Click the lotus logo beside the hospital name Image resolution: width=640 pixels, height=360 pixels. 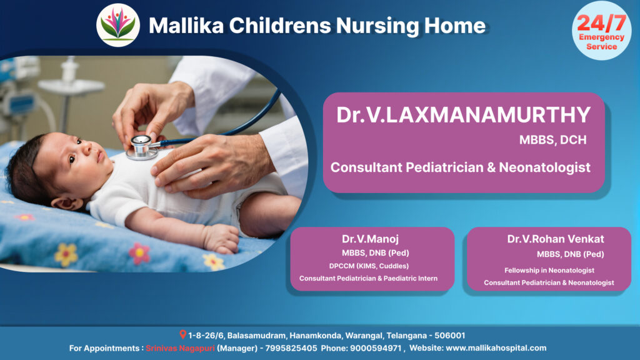tap(118, 25)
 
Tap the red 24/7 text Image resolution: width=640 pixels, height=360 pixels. tap(601, 23)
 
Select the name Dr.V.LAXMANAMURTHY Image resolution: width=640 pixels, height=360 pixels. tap(463, 115)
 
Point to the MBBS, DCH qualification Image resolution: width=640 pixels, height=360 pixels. tap(552, 140)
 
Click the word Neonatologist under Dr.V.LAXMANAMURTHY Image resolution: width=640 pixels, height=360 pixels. tap(544, 167)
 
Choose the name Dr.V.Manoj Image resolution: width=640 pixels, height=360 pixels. tap(370, 239)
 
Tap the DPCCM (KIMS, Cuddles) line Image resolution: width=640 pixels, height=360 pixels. tap(369, 266)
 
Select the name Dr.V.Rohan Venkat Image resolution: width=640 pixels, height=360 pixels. tap(556, 239)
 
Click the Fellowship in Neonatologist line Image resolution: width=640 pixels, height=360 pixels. tap(549, 270)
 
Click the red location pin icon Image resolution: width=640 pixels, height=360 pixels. tap(183, 335)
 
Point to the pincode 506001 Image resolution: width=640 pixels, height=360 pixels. tap(450, 336)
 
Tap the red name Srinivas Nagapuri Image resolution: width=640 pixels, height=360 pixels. tap(180, 348)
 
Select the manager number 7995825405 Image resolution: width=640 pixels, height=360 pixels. tap(291, 348)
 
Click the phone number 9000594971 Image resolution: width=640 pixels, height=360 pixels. tap(376, 348)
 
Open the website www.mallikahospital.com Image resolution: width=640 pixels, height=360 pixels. tap(496, 348)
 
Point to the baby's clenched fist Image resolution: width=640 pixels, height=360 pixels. tap(221, 239)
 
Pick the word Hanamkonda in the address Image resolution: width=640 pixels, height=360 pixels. tap(316, 336)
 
